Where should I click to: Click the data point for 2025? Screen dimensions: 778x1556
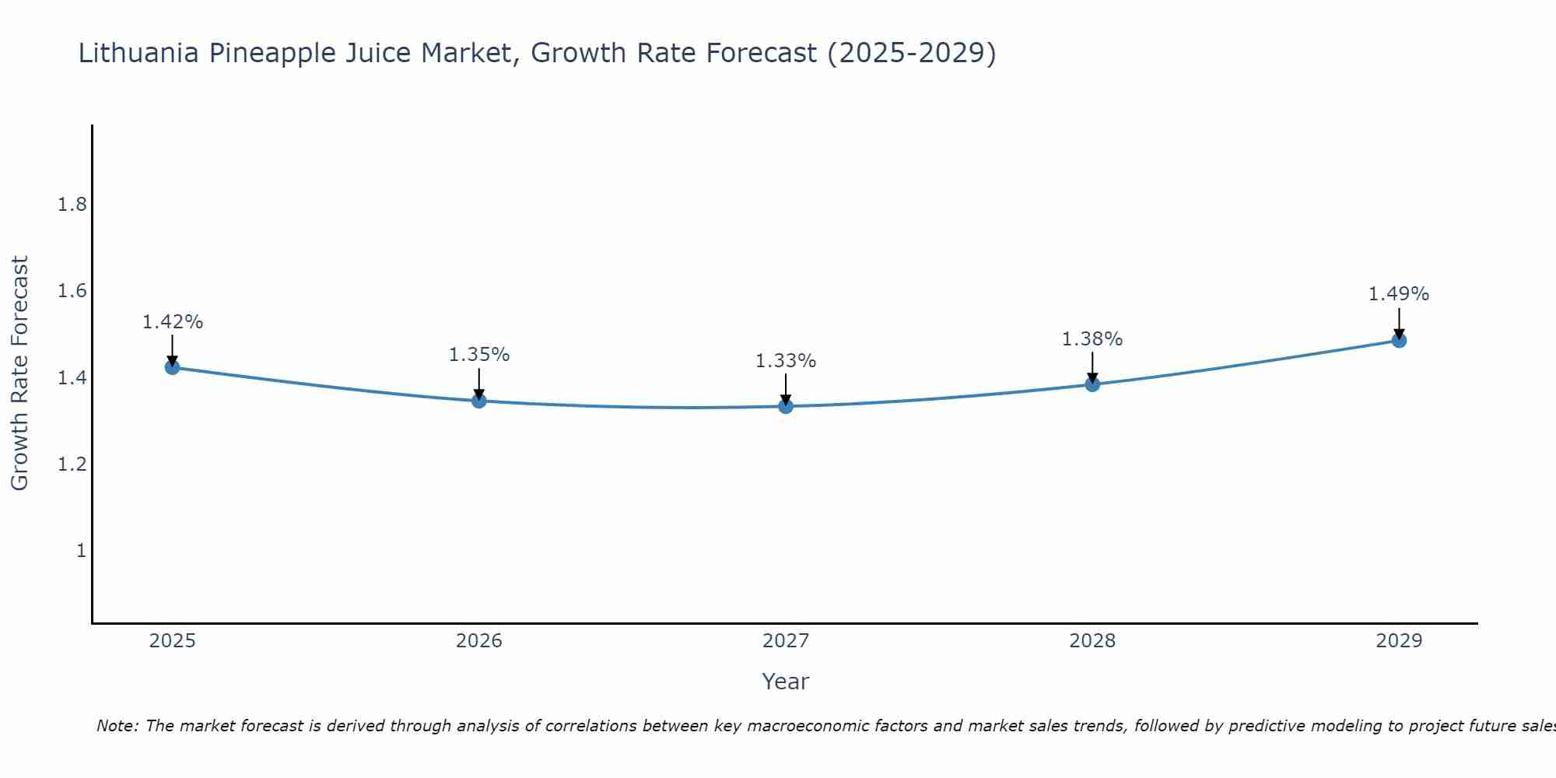(173, 367)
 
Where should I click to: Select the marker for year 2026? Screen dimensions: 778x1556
(479, 401)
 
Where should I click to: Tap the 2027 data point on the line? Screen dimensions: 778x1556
(786, 406)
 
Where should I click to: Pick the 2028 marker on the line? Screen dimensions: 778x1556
(1092, 384)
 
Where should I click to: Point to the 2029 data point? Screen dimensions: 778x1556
(1399, 340)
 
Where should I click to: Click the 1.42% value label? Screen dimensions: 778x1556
(173, 322)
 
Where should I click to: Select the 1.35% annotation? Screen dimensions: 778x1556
(479, 355)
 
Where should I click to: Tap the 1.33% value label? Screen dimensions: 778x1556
(786, 361)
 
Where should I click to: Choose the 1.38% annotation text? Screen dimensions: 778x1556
(1092, 339)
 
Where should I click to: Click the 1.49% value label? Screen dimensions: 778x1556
(1399, 294)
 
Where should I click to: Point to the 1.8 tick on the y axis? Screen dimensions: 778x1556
(72, 205)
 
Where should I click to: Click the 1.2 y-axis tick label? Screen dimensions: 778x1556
(72, 464)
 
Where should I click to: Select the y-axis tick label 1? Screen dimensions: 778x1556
(81, 551)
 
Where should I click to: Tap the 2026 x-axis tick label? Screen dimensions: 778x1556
(479, 641)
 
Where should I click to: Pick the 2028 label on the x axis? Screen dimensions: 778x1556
(1092, 641)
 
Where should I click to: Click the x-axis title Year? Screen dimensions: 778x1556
(786, 682)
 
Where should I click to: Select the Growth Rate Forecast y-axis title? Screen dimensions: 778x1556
(19, 373)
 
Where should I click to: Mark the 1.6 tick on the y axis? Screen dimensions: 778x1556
(72, 292)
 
